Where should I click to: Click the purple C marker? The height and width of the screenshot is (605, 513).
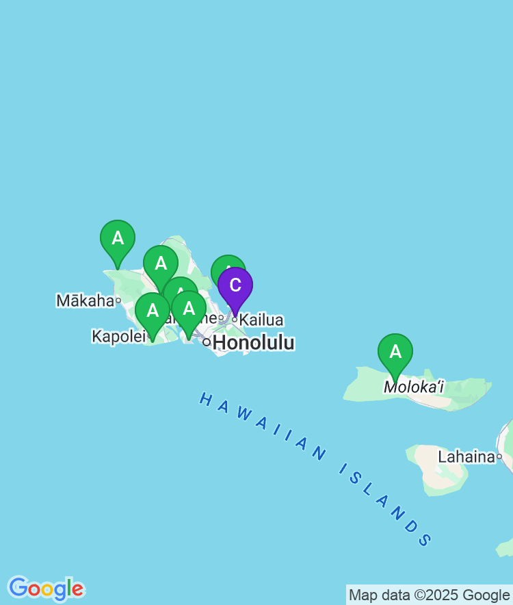point(235,286)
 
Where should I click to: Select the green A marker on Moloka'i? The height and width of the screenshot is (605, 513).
point(395,352)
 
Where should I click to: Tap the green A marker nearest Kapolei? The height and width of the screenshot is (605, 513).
point(153,311)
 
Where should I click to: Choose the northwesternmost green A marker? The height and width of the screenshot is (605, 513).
point(118,239)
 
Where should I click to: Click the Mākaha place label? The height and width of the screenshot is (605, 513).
point(85,300)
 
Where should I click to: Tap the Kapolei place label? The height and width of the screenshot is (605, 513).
point(119,336)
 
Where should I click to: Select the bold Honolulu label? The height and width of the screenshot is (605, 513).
point(254,343)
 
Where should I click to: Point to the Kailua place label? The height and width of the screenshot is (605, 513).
point(261,320)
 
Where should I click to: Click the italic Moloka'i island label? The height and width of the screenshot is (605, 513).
point(414,387)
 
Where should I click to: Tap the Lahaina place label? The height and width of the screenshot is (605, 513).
point(466,456)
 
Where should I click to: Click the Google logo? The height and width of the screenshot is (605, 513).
point(46,589)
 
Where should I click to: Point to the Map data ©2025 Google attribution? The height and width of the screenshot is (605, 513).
point(429,595)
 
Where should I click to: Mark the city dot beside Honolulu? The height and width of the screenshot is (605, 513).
point(207,342)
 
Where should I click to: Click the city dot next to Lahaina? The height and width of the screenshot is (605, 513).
point(499,456)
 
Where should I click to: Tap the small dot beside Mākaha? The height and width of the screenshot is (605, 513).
point(118,300)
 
